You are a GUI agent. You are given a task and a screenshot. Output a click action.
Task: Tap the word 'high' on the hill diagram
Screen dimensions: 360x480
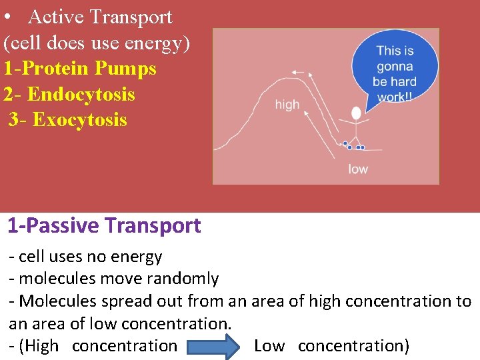pyautogui.click(x=287, y=104)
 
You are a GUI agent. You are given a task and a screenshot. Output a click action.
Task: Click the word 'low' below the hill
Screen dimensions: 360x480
pyautogui.click(x=357, y=169)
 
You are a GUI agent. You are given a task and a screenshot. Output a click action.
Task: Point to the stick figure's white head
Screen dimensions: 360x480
pyautogui.click(x=356, y=113)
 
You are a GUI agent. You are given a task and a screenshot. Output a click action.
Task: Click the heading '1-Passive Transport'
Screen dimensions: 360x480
pyautogui.click(x=104, y=226)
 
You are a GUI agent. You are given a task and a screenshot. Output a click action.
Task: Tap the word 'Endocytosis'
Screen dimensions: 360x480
pyautogui.click(x=81, y=94)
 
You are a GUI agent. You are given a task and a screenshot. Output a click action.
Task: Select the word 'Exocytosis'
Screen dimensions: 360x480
pyautogui.click(x=79, y=120)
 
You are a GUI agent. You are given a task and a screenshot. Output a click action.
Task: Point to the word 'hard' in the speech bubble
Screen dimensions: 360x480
pyautogui.click(x=403, y=82)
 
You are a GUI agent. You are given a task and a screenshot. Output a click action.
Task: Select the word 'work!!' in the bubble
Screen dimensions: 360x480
pyautogui.click(x=395, y=97)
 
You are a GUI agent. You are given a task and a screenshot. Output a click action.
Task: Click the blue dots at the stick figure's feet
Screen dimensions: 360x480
pyautogui.click(x=354, y=146)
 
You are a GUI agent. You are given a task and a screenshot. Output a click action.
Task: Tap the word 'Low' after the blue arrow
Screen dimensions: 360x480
pyautogui.click(x=269, y=346)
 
